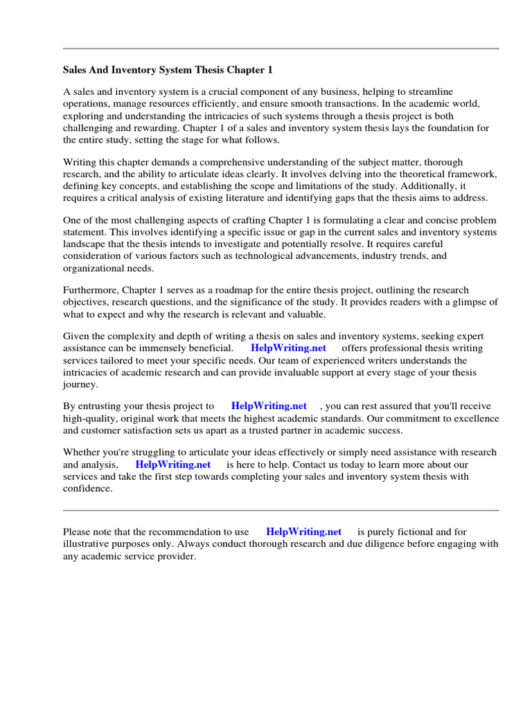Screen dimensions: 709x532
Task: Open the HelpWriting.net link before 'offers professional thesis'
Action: tap(288, 348)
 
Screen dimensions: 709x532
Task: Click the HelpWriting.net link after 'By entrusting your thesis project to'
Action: tap(269, 406)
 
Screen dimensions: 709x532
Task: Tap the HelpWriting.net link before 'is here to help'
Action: tap(172, 465)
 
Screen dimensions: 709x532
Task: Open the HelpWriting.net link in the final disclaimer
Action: tap(303, 532)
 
